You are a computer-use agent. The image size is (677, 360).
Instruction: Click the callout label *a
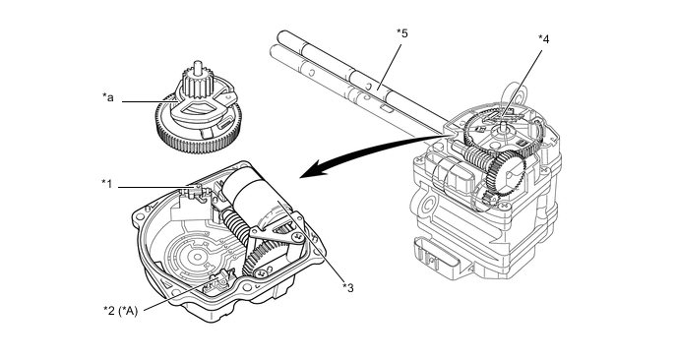tap(108, 98)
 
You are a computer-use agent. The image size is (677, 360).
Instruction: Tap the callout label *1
tap(106, 184)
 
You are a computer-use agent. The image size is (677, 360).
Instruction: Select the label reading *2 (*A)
tap(120, 311)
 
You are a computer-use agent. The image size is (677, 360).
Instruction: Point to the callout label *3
tap(348, 287)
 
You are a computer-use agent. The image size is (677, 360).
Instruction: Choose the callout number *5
tap(401, 33)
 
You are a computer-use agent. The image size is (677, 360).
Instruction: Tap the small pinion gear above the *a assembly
tap(197, 83)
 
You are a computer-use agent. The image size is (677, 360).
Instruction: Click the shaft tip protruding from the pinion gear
tap(198, 66)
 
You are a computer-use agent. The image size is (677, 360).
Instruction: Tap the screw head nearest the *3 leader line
tap(297, 236)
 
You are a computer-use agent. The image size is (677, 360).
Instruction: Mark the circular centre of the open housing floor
tap(198, 258)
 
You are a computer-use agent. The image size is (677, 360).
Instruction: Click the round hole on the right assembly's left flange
tap(428, 203)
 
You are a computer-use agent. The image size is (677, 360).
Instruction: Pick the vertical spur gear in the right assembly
tap(504, 172)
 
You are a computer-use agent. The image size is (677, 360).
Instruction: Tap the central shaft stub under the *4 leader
tap(503, 127)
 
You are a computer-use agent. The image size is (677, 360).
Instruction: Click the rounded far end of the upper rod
tap(282, 35)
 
